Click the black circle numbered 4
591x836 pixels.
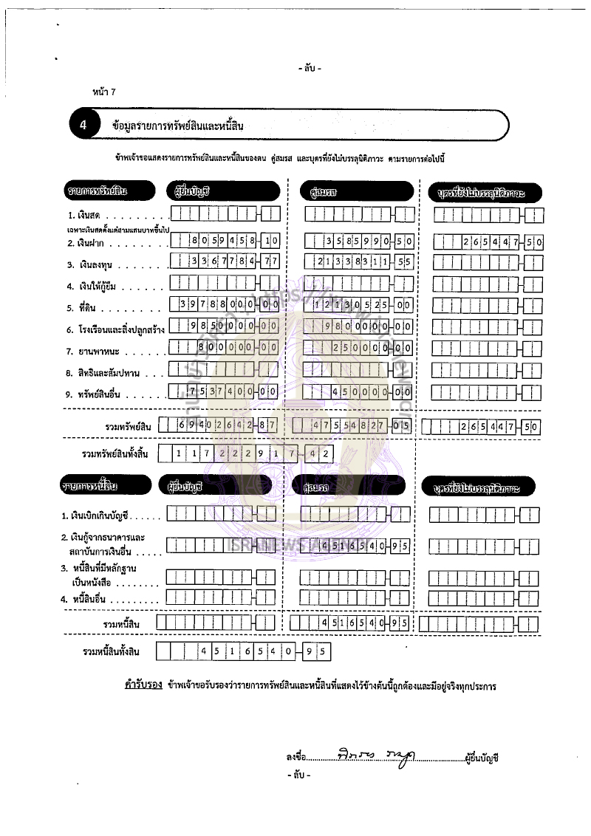(x=83, y=126)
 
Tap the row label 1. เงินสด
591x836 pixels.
(x=83, y=216)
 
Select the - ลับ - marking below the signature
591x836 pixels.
(x=298, y=775)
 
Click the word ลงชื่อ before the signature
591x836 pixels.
(x=295, y=757)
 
